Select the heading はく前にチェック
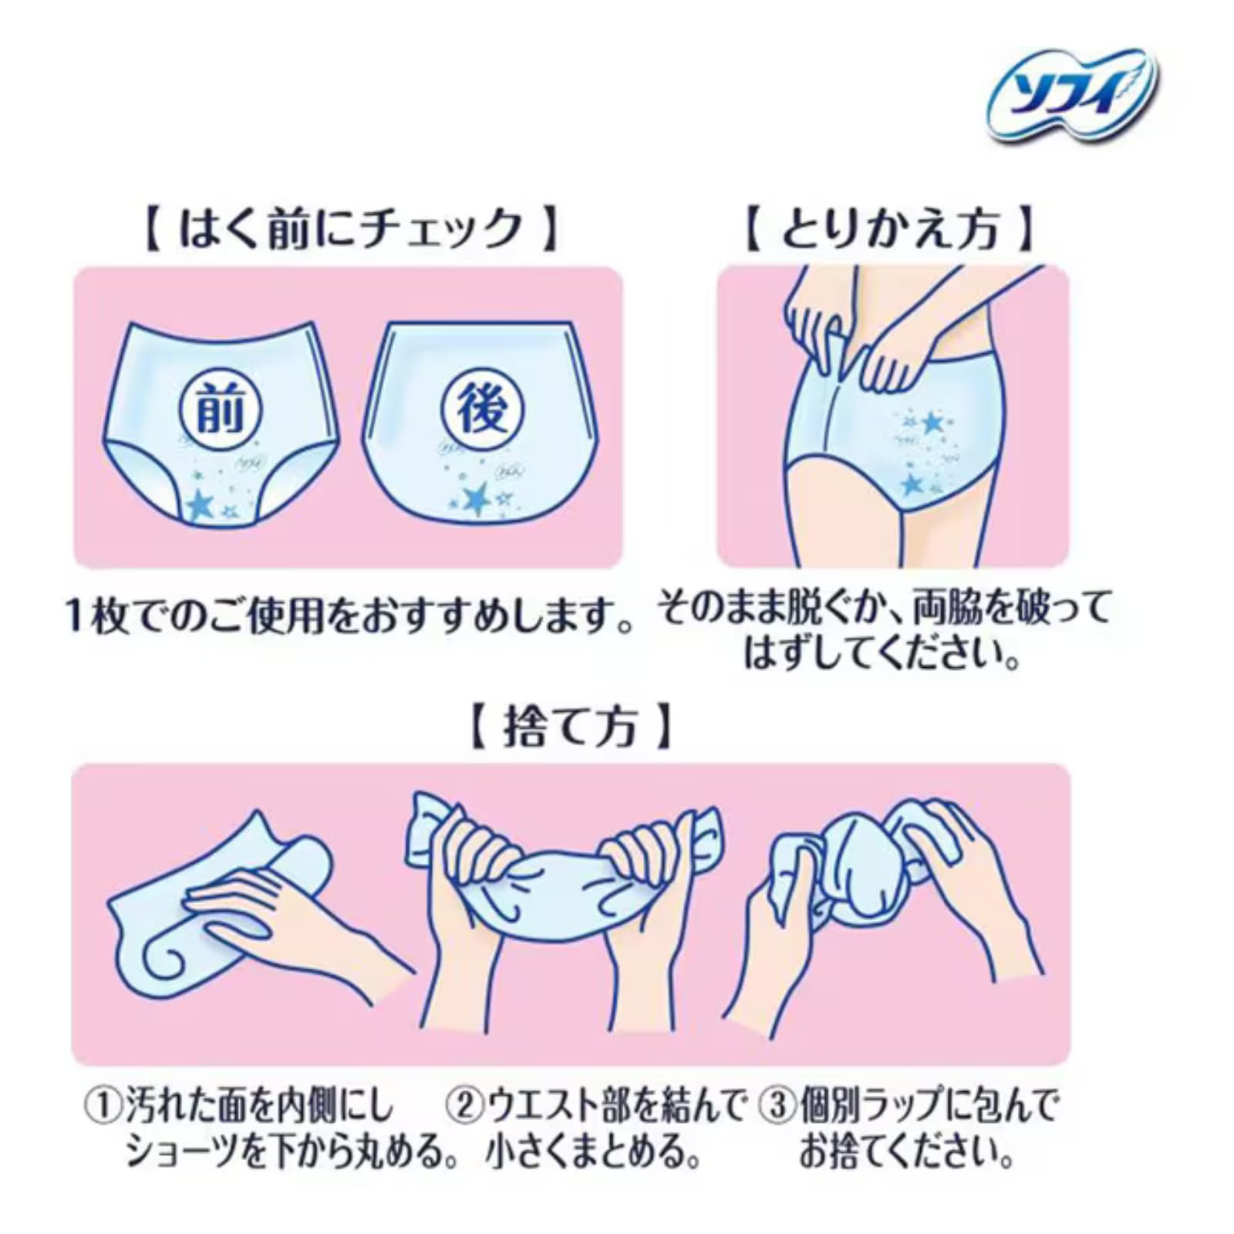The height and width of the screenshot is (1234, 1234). (351, 229)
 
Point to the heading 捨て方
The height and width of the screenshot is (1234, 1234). (571, 727)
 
